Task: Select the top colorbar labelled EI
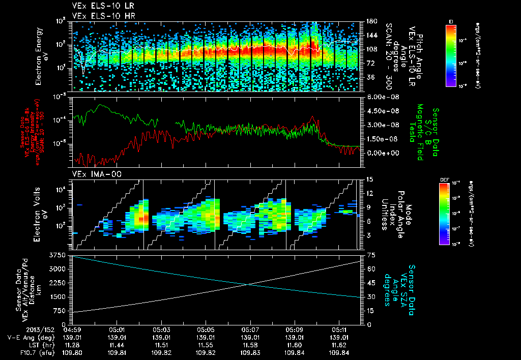coord(451,53)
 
